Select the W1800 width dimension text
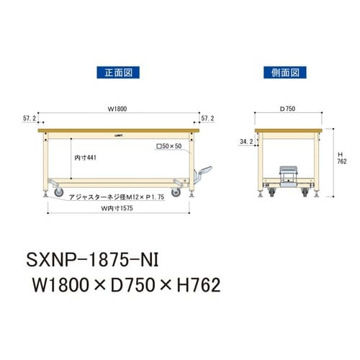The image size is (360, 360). [117, 110]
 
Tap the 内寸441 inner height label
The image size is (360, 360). [85, 156]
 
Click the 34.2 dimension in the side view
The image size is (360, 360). [246, 143]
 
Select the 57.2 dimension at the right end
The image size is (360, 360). [207, 117]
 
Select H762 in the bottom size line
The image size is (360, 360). [189, 284]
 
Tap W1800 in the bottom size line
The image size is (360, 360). [60, 284]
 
